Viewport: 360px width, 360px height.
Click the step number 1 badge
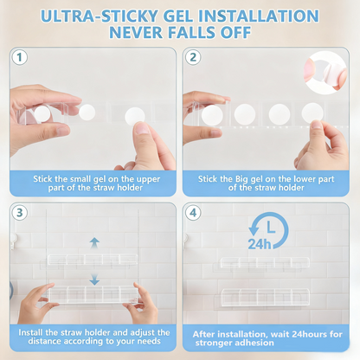[x=20, y=57]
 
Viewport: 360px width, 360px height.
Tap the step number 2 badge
[x=193, y=57]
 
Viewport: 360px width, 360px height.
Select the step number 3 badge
[x=20, y=213]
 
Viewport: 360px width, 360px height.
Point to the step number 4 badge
[x=193, y=213]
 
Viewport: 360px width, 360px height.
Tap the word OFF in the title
[x=235, y=32]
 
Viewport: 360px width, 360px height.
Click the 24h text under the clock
[x=260, y=245]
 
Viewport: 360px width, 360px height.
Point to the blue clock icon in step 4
[x=268, y=230]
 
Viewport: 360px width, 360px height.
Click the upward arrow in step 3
[x=94, y=243]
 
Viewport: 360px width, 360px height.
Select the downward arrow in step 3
[x=94, y=280]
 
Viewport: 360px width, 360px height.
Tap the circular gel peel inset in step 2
[x=325, y=73]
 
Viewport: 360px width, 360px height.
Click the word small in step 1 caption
[x=80, y=179]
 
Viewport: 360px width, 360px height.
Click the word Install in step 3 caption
[x=30, y=332]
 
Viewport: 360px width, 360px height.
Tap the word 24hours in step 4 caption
[x=309, y=334]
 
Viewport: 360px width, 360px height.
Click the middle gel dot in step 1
[x=87, y=112]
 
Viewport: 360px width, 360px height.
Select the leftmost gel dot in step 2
[x=212, y=115]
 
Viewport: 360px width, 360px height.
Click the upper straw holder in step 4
[x=265, y=262]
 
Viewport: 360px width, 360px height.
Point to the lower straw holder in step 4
[x=265, y=297]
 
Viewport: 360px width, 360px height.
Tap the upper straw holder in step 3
[x=93, y=260]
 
